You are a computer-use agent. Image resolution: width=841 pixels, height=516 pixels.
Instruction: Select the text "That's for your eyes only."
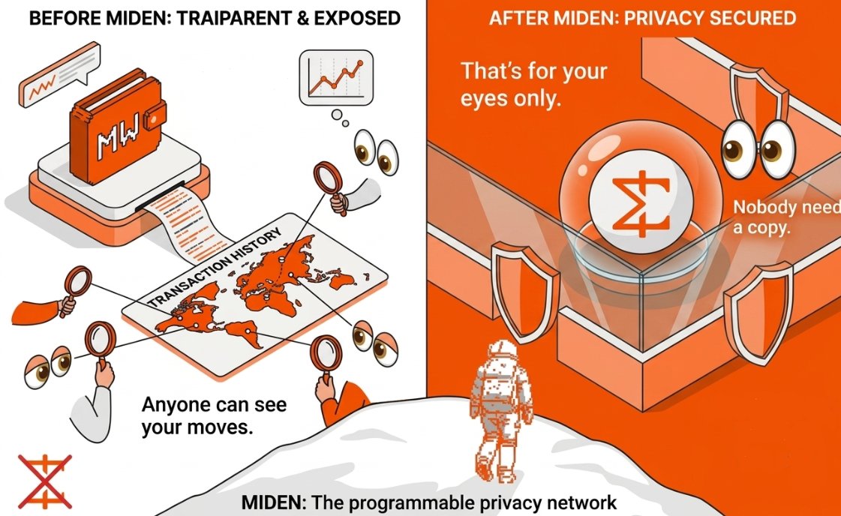coord(533,85)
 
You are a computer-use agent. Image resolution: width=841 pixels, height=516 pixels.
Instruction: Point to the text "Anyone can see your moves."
coord(214,417)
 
